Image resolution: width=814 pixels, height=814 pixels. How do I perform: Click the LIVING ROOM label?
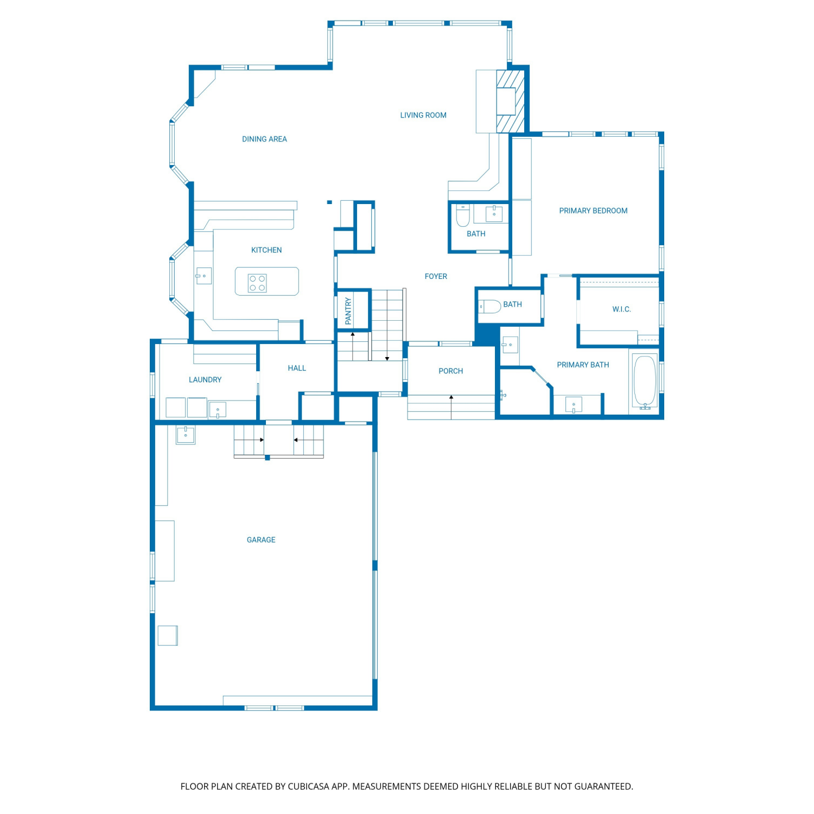click(x=423, y=115)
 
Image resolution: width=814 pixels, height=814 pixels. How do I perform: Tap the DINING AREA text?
click(x=264, y=139)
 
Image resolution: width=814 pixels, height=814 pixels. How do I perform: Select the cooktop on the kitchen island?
click(x=257, y=283)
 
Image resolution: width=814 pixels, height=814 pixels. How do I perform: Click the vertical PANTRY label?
click(x=348, y=311)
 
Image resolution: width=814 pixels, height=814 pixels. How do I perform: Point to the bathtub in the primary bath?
click(x=645, y=381)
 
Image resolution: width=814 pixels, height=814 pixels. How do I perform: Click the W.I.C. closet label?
click(x=621, y=309)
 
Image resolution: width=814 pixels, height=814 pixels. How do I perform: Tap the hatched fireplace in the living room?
click(x=511, y=101)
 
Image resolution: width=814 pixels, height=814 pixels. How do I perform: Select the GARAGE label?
click(x=261, y=540)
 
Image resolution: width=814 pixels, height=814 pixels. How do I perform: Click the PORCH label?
click(x=451, y=371)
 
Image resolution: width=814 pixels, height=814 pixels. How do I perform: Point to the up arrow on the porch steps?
click(x=451, y=407)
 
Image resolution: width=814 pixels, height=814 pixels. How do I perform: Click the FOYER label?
click(x=436, y=276)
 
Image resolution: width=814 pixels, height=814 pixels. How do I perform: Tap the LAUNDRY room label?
click(x=205, y=380)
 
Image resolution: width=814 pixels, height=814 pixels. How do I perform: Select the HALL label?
click(x=297, y=368)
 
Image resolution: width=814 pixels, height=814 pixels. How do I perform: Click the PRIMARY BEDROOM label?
click(x=593, y=211)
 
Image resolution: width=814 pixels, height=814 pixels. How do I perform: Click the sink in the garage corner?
click(x=186, y=435)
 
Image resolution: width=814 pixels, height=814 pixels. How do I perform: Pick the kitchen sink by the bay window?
click(x=203, y=276)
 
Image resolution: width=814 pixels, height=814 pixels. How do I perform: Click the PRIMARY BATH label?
click(x=583, y=365)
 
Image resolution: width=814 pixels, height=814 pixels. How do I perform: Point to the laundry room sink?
click(x=218, y=410)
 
